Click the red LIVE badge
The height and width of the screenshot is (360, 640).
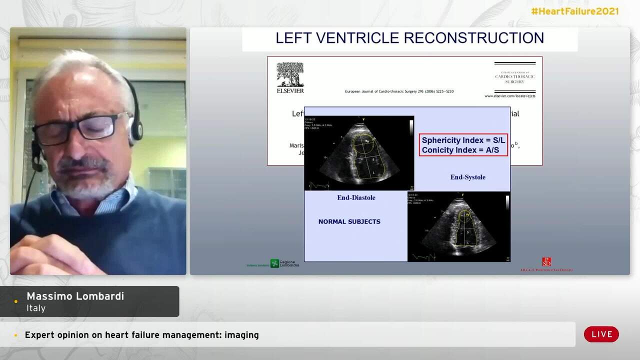(x=601, y=334)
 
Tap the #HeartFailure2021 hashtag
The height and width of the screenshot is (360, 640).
(x=574, y=11)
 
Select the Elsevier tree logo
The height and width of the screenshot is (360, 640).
(x=290, y=74)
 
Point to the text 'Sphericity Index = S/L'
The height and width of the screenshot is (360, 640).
(x=463, y=140)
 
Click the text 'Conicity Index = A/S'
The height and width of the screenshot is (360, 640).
(x=460, y=150)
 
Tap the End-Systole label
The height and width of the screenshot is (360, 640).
(x=467, y=177)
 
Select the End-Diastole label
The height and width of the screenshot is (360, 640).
(x=356, y=197)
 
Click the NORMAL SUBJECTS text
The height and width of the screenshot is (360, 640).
(x=349, y=221)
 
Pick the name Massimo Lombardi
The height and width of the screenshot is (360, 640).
(x=75, y=296)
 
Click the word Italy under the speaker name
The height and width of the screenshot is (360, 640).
(x=36, y=308)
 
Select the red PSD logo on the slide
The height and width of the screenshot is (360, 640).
(x=546, y=262)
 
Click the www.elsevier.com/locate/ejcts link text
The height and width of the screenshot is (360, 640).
(x=509, y=96)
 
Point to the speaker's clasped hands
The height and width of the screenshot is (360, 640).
(x=47, y=255)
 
